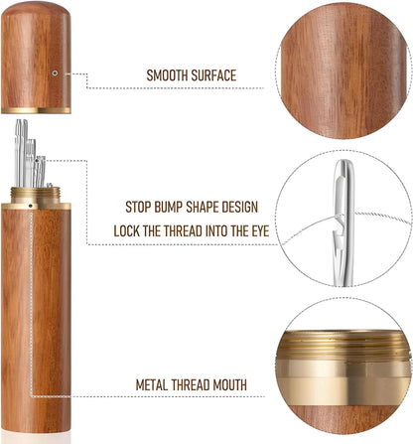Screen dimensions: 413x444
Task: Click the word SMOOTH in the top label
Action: point(167,75)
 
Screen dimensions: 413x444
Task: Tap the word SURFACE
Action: point(213,75)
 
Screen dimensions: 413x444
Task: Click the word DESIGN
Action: point(240,207)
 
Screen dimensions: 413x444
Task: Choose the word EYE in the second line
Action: point(260,230)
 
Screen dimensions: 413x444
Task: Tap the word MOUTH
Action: point(229,385)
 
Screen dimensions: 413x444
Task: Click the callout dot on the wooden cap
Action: point(55,73)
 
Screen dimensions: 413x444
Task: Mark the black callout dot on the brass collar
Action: point(31,206)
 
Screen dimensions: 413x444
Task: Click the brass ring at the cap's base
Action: point(36,110)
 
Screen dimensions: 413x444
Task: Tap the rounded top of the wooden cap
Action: point(36,9)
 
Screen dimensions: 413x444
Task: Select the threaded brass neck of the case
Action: point(36,195)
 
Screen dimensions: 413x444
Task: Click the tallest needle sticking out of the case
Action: point(18,153)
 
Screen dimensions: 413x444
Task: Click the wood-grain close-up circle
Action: point(344,71)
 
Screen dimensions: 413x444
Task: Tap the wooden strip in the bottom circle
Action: point(344,418)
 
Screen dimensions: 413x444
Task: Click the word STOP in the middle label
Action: point(138,207)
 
